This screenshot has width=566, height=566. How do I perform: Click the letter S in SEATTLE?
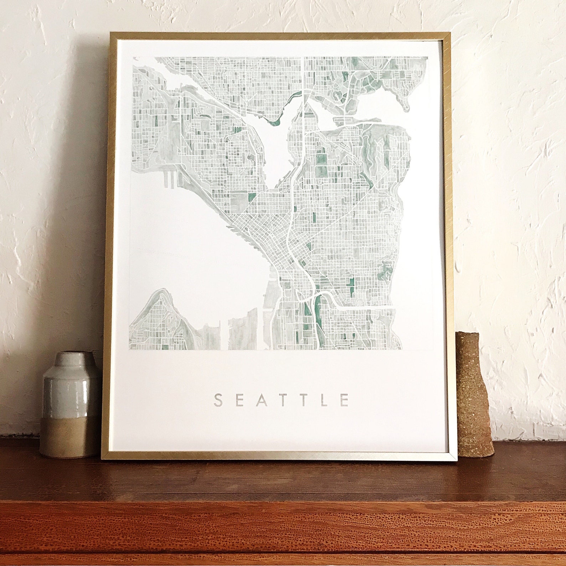point(218,400)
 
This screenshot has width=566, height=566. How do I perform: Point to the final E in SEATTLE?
point(345,400)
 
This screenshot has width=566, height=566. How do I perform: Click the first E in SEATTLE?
point(239,400)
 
